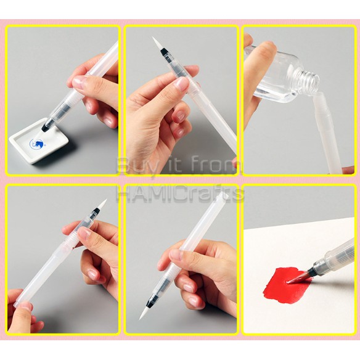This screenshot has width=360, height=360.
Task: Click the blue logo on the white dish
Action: (36, 144)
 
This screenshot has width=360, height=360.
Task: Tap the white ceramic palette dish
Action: (38, 141)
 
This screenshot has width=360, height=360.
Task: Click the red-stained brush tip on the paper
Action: (298, 278)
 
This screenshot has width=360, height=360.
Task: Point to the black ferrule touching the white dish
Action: (47, 125)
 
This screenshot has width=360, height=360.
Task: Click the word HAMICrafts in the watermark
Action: (180, 194)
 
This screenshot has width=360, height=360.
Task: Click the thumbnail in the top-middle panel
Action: (181, 84)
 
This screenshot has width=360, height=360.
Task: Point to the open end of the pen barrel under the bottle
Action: (319, 96)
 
